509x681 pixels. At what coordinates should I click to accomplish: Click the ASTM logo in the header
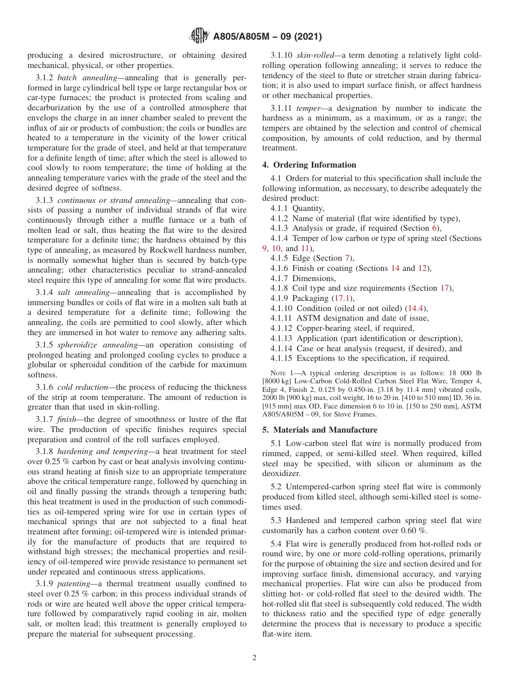[x=200, y=36]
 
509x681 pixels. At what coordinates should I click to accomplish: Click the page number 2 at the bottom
[x=254, y=657]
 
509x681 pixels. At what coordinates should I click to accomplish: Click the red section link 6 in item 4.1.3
[x=435, y=228]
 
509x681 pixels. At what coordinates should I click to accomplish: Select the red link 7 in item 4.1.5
[x=347, y=258]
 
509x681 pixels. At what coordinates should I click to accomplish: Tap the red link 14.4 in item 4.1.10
[x=416, y=308]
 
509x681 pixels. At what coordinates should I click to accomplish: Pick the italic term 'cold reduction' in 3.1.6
[x=83, y=387]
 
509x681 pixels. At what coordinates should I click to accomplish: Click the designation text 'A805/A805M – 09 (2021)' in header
[x=267, y=36]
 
